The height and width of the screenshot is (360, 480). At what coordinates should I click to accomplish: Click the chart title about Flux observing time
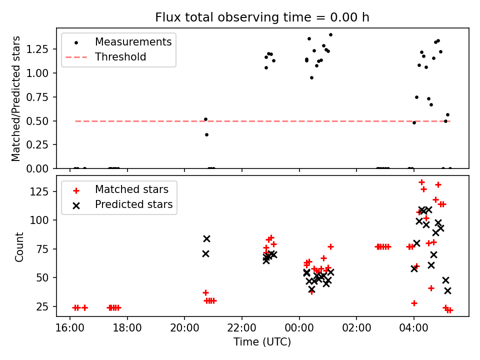[262, 17]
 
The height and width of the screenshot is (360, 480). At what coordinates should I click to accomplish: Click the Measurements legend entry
[133, 41]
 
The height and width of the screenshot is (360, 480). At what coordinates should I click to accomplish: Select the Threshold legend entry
[120, 57]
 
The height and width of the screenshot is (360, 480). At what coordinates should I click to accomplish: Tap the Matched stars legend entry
[131, 189]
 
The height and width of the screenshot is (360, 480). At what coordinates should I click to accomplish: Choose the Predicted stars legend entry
[133, 204]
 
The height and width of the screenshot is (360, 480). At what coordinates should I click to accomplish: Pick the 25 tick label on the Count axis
[45, 306]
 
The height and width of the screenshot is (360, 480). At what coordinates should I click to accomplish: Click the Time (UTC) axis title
[262, 342]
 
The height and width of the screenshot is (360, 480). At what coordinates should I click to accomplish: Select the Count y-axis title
[19, 246]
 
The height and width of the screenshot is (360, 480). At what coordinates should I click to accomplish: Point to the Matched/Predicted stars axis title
[16, 98]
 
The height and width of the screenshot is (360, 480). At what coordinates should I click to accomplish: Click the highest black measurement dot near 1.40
[330, 35]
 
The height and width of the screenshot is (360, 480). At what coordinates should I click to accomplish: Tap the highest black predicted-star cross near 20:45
[206, 239]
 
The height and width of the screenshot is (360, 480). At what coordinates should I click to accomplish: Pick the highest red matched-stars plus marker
[421, 182]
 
